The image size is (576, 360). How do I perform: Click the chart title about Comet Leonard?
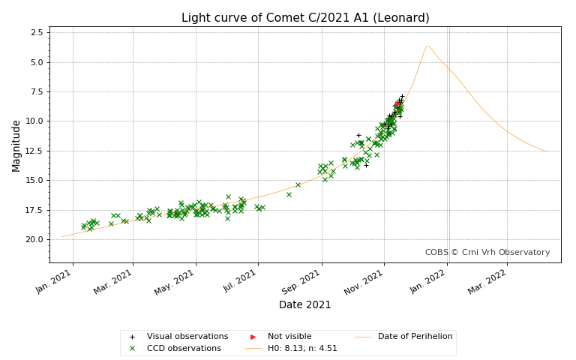(x=305, y=18)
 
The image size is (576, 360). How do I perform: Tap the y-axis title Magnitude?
(x=16, y=145)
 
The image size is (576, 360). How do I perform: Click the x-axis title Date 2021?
(x=304, y=304)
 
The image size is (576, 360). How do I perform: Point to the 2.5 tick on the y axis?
(x=36, y=33)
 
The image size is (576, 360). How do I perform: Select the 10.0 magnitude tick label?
(x=34, y=121)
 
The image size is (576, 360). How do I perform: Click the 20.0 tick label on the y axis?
(x=34, y=239)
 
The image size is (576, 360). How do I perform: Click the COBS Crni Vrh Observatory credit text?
(x=487, y=253)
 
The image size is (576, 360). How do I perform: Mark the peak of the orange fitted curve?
(x=427, y=46)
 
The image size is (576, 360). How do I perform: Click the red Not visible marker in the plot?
(x=397, y=104)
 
